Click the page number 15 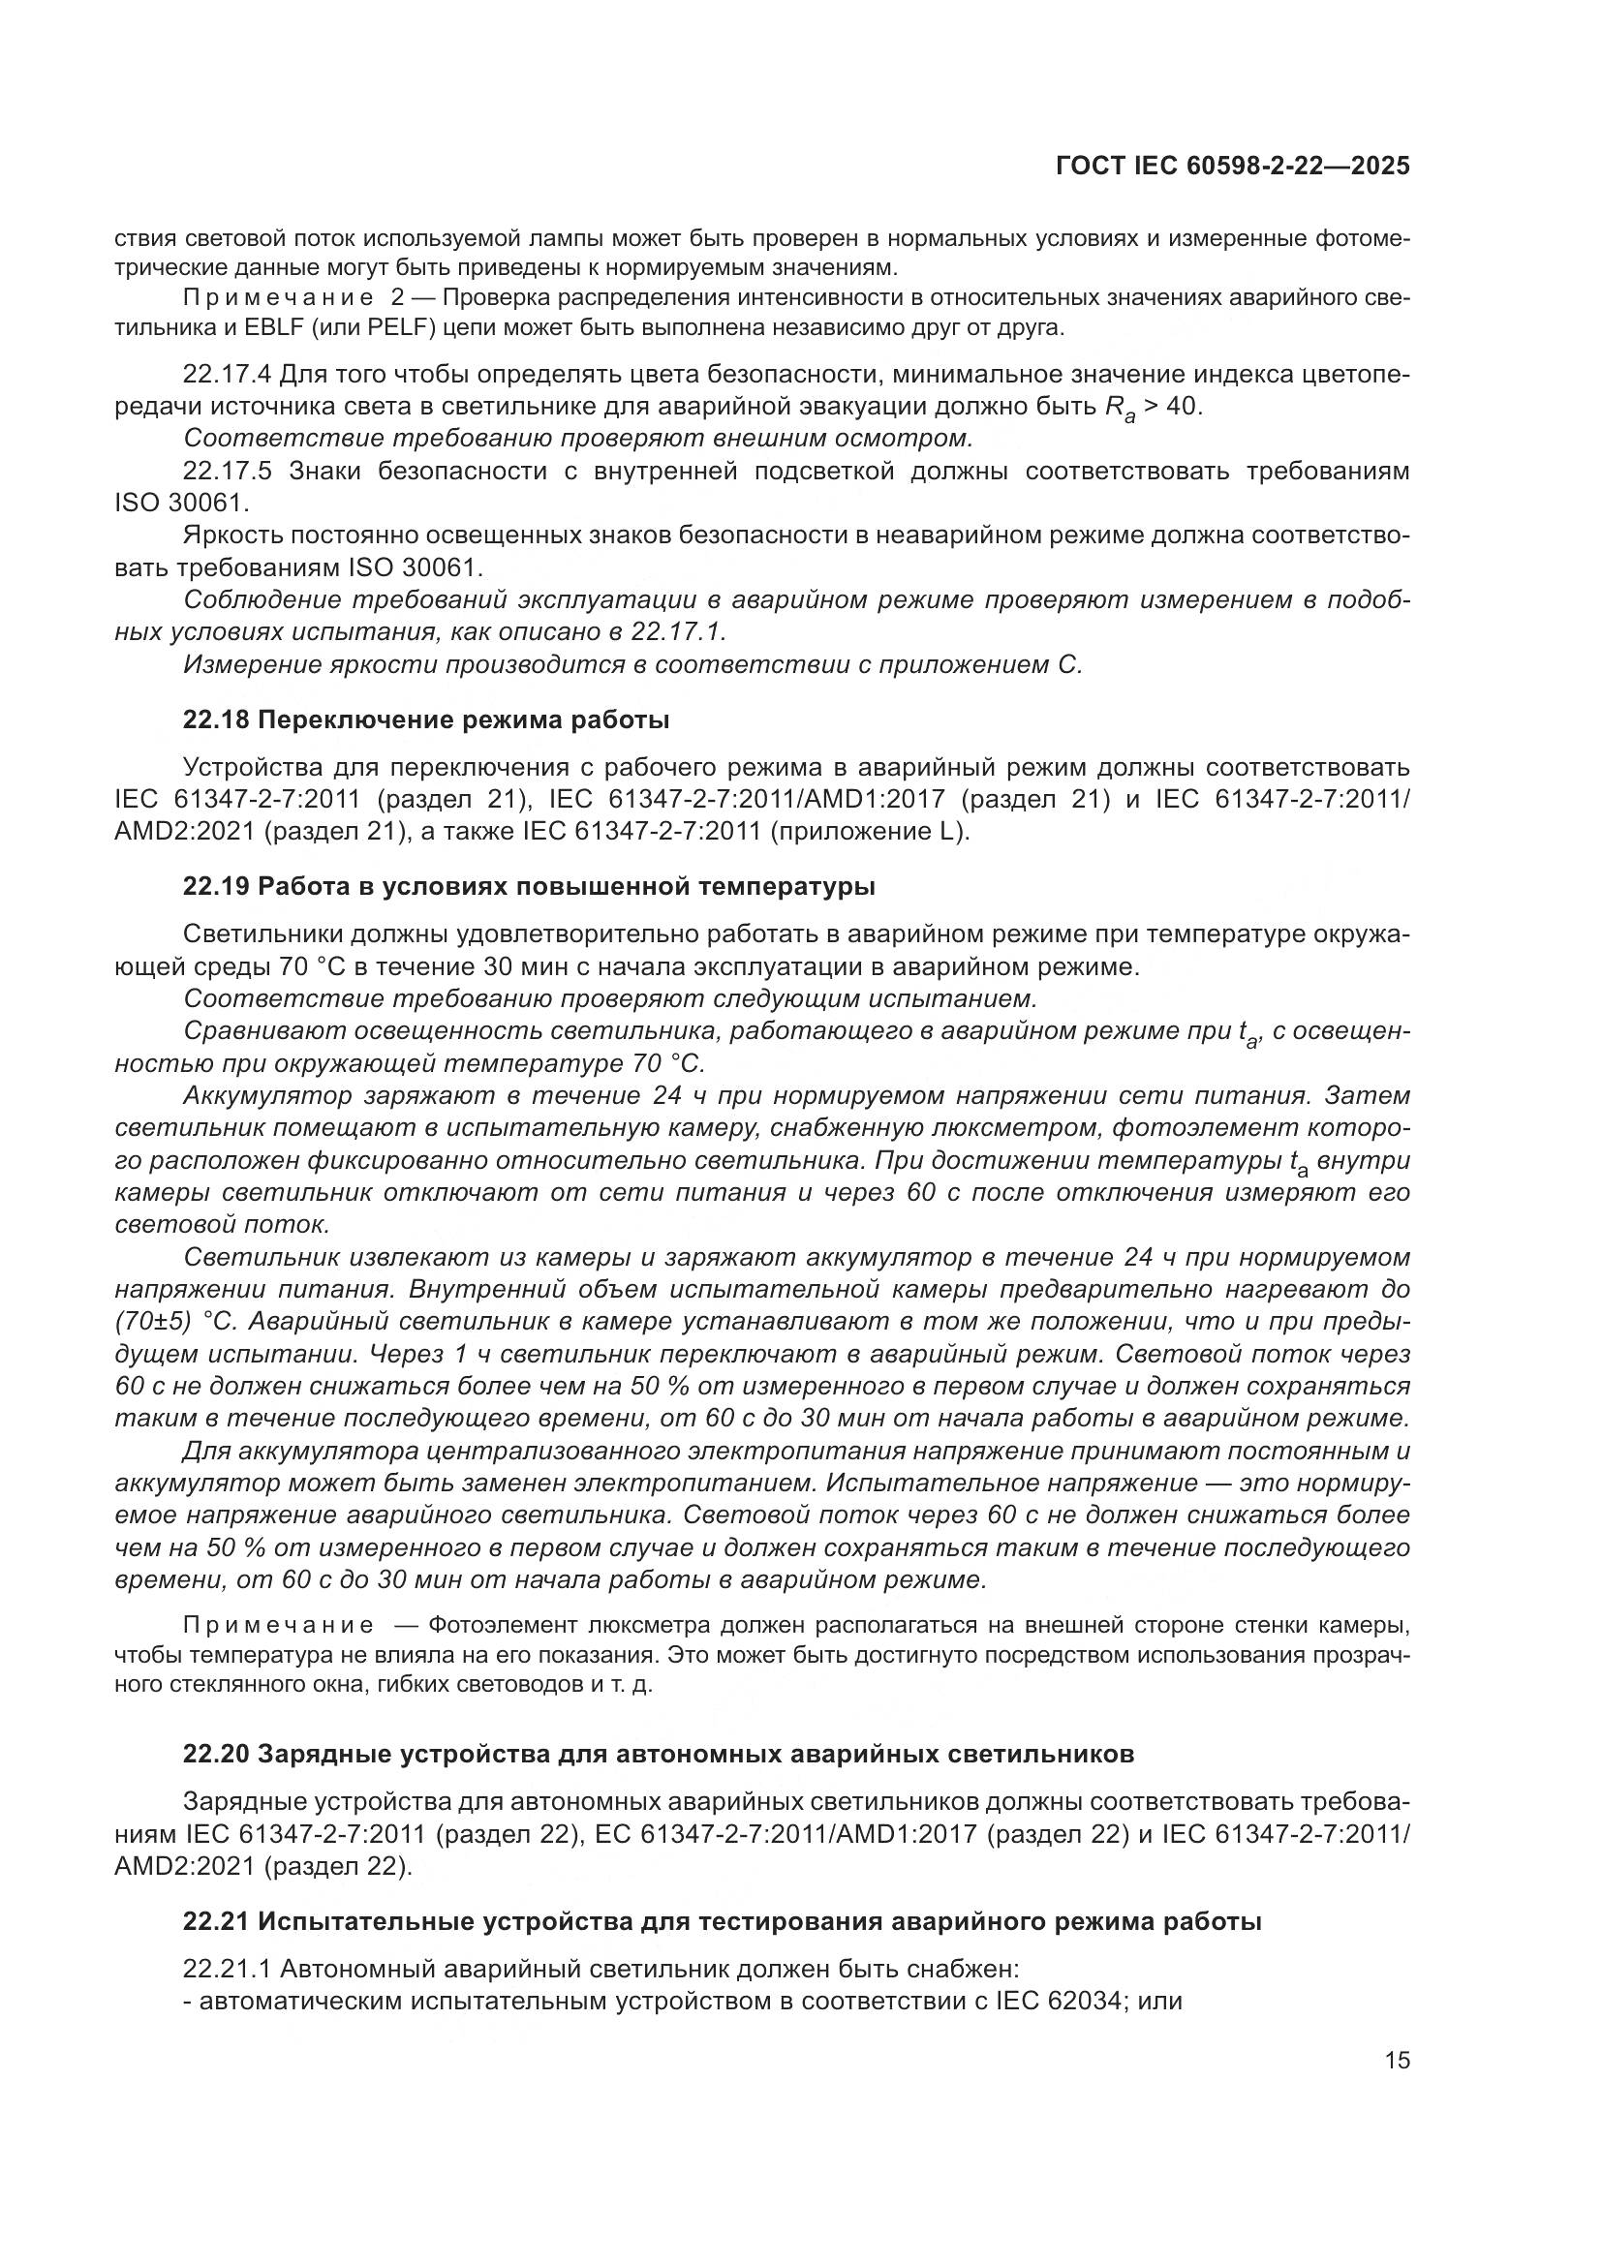pos(1397,2060)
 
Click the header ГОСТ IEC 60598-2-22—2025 pos(1232,167)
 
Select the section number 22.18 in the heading pos(216,720)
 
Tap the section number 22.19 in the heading pos(216,886)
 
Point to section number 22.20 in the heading pos(216,1753)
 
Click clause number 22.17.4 pos(228,375)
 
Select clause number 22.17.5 pos(228,471)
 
